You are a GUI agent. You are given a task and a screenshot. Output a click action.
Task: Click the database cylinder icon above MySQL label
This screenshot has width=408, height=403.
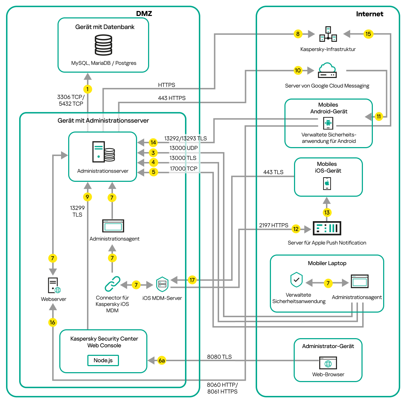(x=103, y=45)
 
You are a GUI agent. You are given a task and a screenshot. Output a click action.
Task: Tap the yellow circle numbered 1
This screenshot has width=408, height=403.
(x=87, y=89)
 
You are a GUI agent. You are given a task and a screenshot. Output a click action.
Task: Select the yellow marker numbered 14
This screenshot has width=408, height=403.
(x=153, y=142)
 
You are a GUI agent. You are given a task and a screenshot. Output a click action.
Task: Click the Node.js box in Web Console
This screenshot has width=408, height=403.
(x=103, y=360)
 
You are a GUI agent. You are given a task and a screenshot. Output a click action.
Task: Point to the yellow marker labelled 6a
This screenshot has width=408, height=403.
(x=162, y=360)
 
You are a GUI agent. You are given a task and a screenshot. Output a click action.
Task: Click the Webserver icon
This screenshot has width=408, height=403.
(x=54, y=285)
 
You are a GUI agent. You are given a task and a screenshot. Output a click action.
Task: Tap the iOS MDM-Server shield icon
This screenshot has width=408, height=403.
(x=162, y=284)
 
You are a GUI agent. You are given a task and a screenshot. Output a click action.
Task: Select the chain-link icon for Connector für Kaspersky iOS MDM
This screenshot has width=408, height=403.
(x=112, y=284)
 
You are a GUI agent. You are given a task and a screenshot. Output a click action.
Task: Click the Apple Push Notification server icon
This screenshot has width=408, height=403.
(x=327, y=228)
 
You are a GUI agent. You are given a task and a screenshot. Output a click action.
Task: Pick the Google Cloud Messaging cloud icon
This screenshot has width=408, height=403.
(x=327, y=70)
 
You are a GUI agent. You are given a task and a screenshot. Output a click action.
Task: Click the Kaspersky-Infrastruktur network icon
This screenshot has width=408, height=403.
(x=328, y=34)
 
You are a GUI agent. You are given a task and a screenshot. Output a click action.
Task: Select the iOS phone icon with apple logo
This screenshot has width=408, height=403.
(x=327, y=184)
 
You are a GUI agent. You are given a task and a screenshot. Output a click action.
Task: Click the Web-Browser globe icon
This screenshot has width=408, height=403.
(x=328, y=363)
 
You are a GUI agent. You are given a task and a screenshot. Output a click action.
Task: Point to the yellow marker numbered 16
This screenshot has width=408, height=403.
(x=53, y=322)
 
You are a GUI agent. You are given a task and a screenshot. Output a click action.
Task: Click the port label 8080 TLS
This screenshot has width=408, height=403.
(x=219, y=357)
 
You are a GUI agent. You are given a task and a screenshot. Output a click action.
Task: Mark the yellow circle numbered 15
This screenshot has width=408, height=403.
(x=368, y=34)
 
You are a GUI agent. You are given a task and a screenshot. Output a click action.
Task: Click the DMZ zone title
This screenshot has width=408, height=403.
(x=144, y=13)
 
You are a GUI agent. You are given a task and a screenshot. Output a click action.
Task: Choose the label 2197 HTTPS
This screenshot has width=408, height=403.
(x=273, y=225)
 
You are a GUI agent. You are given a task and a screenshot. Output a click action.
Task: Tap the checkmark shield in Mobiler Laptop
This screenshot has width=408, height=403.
(x=297, y=280)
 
